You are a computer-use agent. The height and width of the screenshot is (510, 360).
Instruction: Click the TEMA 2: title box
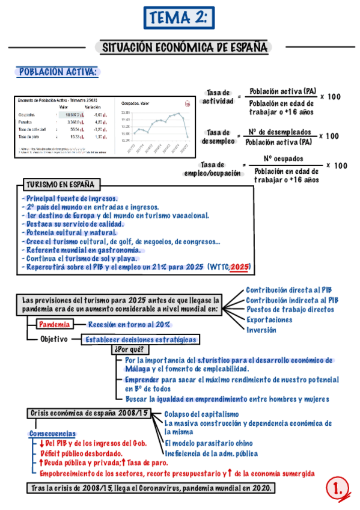point(179,19)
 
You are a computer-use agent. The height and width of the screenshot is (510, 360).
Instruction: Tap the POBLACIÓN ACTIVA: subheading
point(58,72)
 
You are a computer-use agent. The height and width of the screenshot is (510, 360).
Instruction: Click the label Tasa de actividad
point(218,97)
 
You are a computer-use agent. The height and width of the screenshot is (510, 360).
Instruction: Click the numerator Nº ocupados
point(284,159)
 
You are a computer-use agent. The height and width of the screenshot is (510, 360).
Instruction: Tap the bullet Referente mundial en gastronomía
point(82,250)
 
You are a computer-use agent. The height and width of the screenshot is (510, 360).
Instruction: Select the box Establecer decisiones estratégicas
point(141,339)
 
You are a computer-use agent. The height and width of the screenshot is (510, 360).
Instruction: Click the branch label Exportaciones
point(269,319)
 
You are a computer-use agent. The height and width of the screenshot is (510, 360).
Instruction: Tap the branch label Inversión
point(261,330)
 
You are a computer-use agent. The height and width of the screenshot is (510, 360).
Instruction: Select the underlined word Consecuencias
point(52,433)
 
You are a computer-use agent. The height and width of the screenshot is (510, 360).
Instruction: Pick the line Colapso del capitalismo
point(201,414)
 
